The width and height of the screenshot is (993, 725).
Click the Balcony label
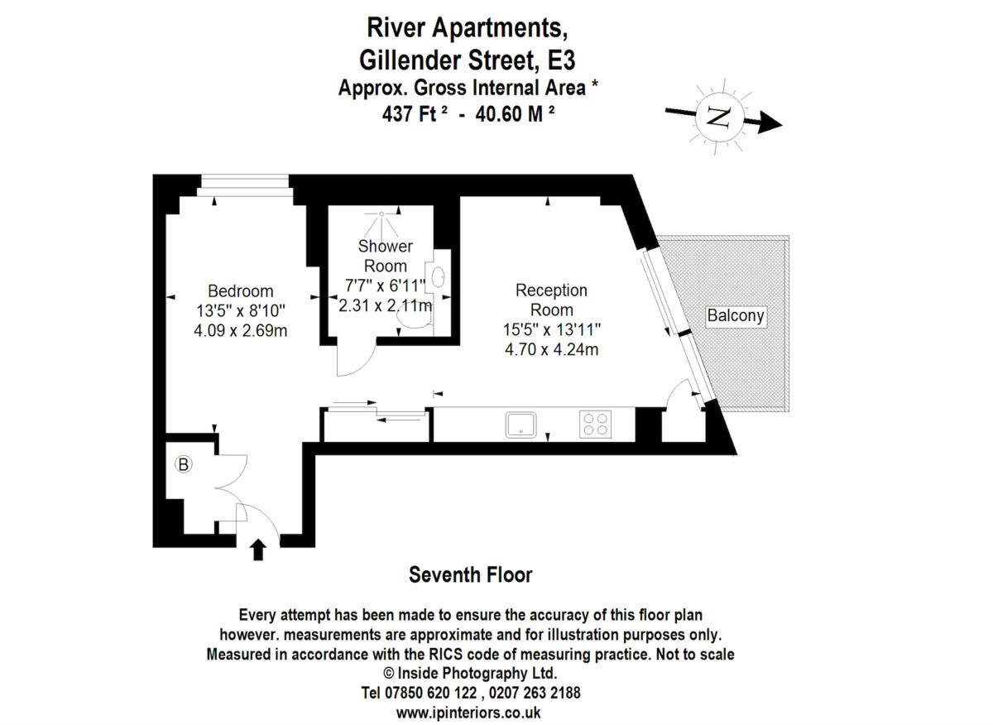click(735, 315)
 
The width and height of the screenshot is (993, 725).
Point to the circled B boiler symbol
click(184, 465)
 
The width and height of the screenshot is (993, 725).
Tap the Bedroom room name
click(240, 291)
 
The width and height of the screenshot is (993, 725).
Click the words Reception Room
click(551, 300)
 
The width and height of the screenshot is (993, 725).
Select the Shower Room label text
click(385, 256)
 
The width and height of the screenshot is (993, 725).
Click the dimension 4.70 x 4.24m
click(551, 349)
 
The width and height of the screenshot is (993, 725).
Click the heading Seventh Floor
click(471, 574)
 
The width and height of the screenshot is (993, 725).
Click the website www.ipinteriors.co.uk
click(468, 712)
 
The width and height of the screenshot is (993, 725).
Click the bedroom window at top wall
click(245, 181)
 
